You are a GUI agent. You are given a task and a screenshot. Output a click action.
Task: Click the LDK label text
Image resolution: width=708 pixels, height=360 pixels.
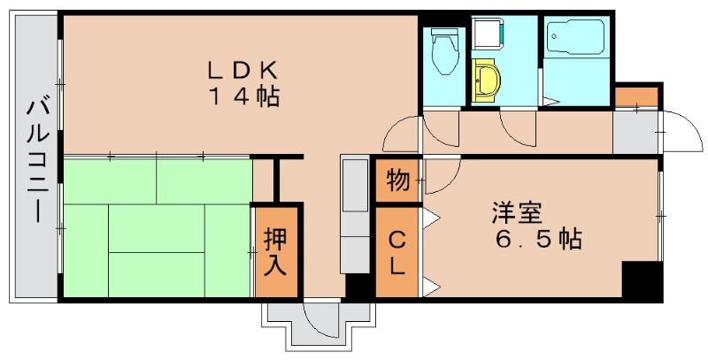click(x=243, y=68)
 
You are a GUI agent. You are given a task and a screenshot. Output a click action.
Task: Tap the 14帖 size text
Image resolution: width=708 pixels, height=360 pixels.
click(x=243, y=96)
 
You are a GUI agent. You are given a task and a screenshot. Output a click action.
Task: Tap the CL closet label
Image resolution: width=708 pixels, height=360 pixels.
click(x=397, y=251)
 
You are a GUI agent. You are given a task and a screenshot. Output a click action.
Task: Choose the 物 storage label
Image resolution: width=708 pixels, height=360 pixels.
click(x=397, y=181)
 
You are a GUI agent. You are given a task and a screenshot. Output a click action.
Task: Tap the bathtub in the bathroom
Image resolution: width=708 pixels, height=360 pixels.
click(x=575, y=41)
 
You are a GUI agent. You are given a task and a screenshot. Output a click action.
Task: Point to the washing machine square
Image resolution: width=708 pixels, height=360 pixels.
click(x=486, y=34)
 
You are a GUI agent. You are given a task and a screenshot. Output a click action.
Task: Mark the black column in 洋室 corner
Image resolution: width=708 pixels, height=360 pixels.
click(x=641, y=281)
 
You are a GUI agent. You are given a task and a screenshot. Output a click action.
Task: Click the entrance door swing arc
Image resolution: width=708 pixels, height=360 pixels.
click(x=677, y=133)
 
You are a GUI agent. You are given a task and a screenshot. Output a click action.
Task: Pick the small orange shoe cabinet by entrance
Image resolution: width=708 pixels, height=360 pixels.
click(x=636, y=96)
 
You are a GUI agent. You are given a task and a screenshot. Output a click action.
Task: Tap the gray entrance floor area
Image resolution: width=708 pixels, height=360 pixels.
click(x=635, y=133)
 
